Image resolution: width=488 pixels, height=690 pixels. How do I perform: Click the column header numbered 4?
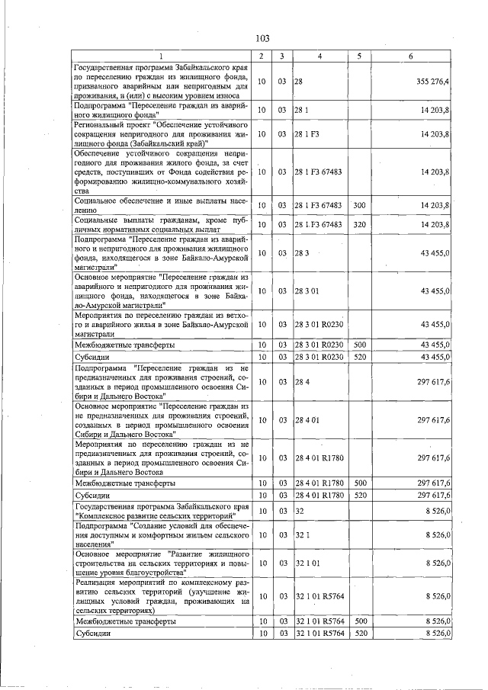click(x=319, y=56)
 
